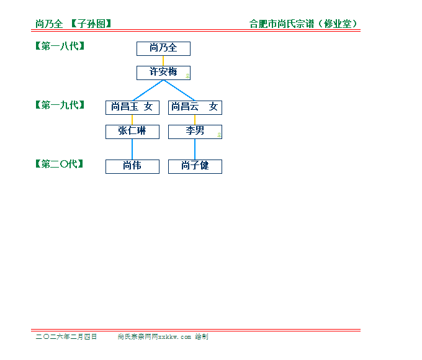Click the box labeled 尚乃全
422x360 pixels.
[x=163, y=49]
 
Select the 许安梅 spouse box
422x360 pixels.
[x=163, y=73]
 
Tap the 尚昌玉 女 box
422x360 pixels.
[x=132, y=108]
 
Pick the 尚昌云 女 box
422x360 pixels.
[x=195, y=108]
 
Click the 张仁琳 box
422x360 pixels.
[x=132, y=132]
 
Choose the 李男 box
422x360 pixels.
[x=195, y=132]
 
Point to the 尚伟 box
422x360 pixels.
[x=132, y=167]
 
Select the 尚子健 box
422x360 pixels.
[x=195, y=167]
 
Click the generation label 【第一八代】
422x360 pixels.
[x=60, y=46]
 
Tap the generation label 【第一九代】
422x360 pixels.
[x=60, y=105]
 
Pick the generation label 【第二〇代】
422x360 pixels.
[x=59, y=164]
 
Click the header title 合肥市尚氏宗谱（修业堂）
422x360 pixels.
[x=303, y=24]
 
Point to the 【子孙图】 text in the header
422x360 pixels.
[x=91, y=24]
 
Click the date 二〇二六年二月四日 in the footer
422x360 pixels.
[x=66, y=336]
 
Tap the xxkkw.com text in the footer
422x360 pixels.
[x=174, y=337]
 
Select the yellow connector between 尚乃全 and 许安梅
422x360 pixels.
[x=163, y=61]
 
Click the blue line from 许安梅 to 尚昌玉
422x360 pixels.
[x=148, y=91]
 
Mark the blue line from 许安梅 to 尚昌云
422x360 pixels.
[x=179, y=91]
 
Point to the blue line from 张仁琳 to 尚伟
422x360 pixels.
[x=132, y=149]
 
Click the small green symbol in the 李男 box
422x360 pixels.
[x=219, y=135]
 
